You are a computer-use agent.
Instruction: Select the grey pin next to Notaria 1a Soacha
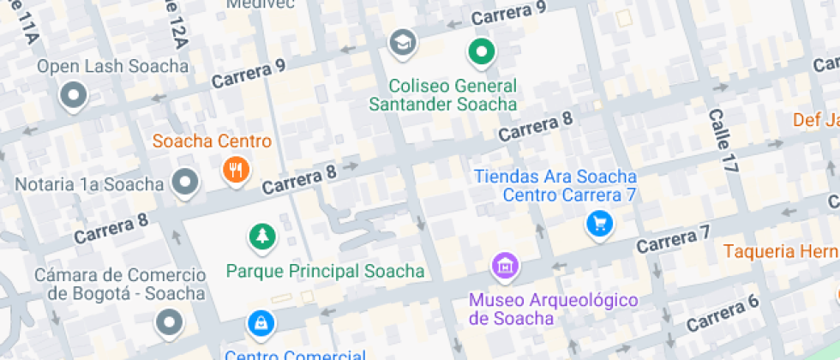185,182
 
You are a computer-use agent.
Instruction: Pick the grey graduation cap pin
400,41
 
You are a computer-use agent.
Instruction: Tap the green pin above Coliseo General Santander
481,52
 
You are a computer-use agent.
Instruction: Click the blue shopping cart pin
599,224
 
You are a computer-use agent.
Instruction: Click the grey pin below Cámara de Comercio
170,322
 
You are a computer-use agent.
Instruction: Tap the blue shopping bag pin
260,323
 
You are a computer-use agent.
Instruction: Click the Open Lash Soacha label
112,67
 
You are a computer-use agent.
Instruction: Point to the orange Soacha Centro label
212,141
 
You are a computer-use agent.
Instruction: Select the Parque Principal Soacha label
325,272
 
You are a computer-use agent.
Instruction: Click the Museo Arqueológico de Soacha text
554,309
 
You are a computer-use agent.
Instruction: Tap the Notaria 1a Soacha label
89,184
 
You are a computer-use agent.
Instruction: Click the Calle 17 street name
723,141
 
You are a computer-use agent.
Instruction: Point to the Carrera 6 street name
723,312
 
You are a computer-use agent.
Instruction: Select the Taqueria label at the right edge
780,251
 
